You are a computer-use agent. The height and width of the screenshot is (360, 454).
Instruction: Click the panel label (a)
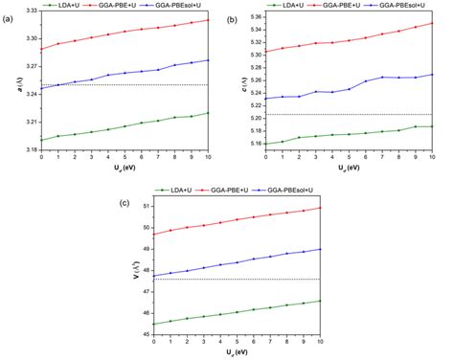point(7,16)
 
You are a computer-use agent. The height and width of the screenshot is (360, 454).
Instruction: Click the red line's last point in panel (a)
point(210,20)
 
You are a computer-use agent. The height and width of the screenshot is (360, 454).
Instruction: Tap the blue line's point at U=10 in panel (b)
point(433,75)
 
